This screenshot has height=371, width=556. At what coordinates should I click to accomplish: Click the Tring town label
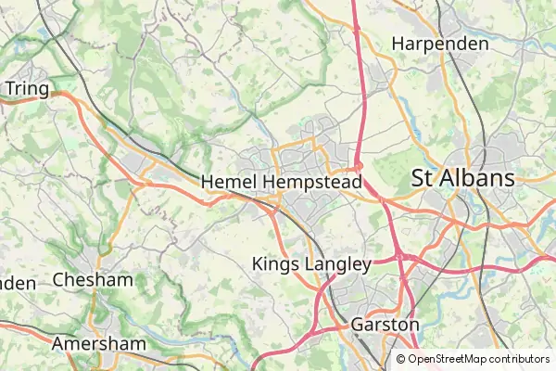[x=26, y=87]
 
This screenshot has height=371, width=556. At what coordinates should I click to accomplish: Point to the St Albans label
[x=462, y=177]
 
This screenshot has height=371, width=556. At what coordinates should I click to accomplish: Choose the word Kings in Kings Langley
[x=275, y=264]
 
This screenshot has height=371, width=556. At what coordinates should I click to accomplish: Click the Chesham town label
[x=93, y=279]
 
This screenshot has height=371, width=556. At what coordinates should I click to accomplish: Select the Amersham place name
[x=99, y=344]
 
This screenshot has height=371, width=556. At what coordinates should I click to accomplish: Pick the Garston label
[x=385, y=326]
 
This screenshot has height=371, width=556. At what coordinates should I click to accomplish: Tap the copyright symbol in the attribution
[x=401, y=359]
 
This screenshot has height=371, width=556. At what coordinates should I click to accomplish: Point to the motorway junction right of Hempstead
[x=360, y=167]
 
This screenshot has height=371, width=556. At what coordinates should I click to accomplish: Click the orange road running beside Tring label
[x=65, y=94]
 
